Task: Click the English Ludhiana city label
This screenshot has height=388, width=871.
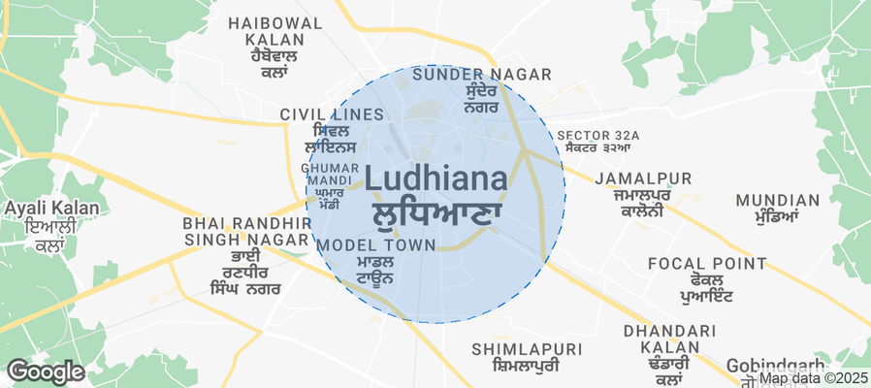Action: point(435,180)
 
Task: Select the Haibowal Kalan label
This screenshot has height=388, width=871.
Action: point(266,30)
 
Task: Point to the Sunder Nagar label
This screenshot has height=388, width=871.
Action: point(481,75)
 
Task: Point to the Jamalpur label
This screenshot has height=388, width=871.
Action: point(643,178)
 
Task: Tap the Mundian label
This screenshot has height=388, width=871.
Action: point(777,201)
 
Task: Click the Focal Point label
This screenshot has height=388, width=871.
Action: point(706,263)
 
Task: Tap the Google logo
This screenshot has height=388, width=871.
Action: point(46,371)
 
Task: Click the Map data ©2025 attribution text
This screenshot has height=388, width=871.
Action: point(813,379)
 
